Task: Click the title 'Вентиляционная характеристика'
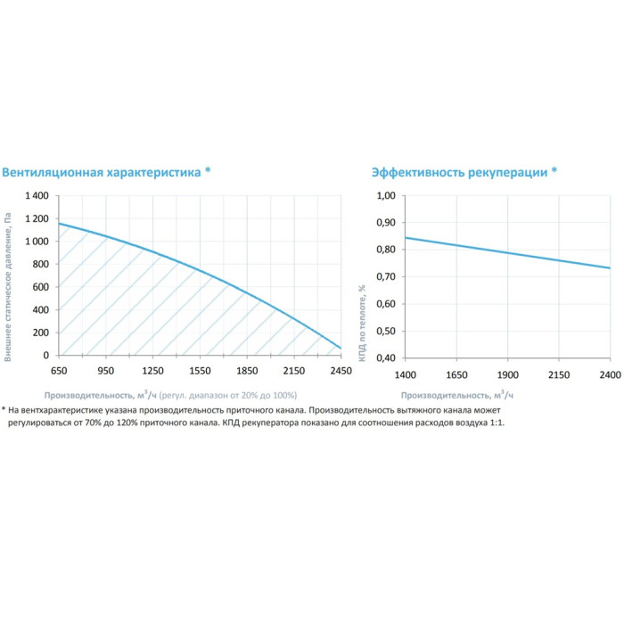click(102, 172)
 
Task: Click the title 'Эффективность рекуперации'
click(459, 172)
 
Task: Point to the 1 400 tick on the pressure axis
click(36, 195)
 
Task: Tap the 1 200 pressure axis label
click(36, 218)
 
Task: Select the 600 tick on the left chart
click(41, 287)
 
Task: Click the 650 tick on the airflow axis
click(59, 370)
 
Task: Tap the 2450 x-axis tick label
click(340, 370)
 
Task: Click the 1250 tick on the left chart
click(152, 370)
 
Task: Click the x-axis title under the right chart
click(457, 394)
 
